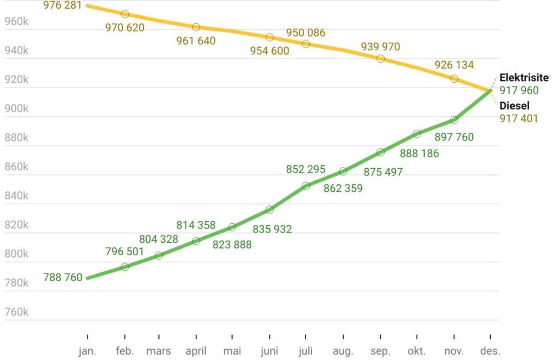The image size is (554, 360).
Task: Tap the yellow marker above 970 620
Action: pos(124,14)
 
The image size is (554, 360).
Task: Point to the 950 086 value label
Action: pos(306,33)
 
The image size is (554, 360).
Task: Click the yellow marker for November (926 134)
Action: pos(454,78)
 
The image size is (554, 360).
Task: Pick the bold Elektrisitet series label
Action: pos(524,78)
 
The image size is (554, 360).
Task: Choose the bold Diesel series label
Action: pos(515,106)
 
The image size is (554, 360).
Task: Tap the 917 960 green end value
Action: pos(519,91)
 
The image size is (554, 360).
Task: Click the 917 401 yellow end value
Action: pos(519,118)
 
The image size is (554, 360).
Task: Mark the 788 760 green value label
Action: pos(63,278)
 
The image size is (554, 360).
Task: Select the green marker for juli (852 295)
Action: pos(306,185)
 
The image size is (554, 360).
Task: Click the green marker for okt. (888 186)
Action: pos(417,134)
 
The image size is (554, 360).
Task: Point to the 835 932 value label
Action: pos(272,229)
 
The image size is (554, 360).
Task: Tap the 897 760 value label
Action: pos(454,137)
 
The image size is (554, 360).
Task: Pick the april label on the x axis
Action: pos(196,351)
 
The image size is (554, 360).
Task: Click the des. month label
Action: pos(490,351)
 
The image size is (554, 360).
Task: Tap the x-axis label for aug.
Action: pos(343,351)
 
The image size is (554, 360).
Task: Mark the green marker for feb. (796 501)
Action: pos(124,266)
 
